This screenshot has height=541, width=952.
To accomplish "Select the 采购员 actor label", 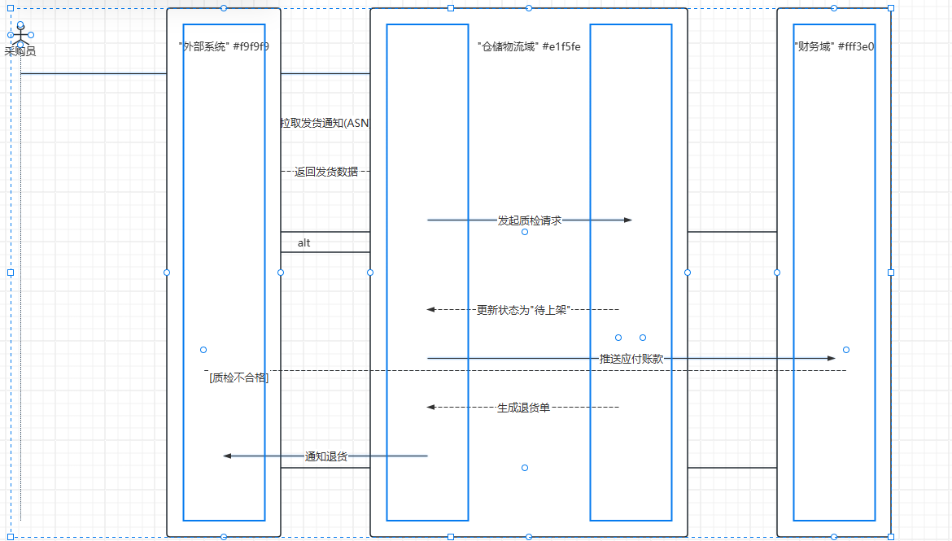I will pos(20,51).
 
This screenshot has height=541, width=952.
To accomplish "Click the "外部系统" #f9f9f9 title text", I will pos(224,46).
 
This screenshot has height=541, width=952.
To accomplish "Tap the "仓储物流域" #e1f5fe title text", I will pos(529,46).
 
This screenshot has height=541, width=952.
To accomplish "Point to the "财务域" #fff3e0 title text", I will pos(834,46).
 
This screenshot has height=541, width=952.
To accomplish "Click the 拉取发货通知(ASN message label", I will pos(325,123).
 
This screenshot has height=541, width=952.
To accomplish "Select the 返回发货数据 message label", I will pos(325,172).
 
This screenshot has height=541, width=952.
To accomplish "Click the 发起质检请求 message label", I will pos(529,220).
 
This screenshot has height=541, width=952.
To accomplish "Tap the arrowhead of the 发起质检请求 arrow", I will pos(627,220).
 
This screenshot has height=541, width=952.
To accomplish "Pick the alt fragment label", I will pos(304,242).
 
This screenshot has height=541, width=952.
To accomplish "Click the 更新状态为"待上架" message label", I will pos(523,310).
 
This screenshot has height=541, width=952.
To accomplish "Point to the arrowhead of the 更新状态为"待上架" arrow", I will pos(431,309).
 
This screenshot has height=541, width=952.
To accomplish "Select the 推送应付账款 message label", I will pos(631,359).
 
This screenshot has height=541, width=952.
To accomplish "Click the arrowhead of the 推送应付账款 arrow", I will pos(831,358).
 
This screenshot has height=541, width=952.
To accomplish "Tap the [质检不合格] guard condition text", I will pos(238,377).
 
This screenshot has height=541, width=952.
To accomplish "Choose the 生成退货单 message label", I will pos(523,408).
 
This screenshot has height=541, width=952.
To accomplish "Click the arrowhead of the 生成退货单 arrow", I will pos(431,407).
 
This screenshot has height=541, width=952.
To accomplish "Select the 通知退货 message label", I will pos(325,456).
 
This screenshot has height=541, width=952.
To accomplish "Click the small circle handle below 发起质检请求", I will pos(525,232).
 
